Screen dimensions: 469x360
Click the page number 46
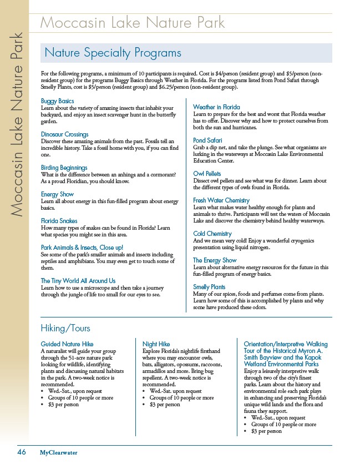pos(22,452)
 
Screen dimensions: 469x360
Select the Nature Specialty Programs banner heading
pos(113,53)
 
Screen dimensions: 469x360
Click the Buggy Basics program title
pos(58,100)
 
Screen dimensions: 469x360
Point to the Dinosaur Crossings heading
pos(65,134)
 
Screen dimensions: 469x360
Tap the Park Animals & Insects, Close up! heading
pos(82,247)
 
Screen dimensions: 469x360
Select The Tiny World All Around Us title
pos(78,281)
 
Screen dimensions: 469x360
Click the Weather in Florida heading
pos(216,107)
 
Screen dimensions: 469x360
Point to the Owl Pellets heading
pos(207,174)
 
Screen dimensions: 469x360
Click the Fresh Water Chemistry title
pos(221,200)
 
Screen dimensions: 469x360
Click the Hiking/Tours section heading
pos(65,329)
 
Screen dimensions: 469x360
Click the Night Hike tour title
pos(156,344)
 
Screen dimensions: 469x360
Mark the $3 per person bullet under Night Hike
pos(165,405)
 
